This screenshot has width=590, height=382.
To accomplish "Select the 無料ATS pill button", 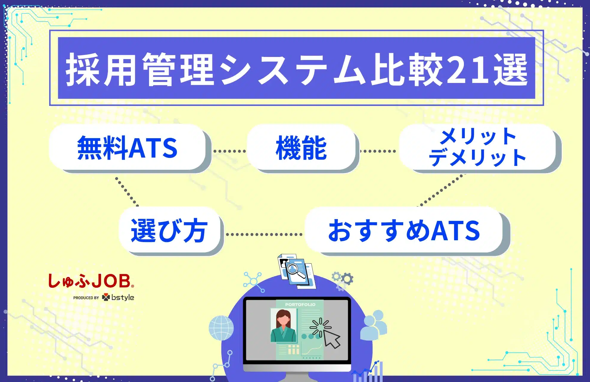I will pos(128,147).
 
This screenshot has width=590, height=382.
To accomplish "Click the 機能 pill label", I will pos(301,147).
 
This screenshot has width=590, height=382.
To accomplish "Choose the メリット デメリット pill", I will pos(477,147).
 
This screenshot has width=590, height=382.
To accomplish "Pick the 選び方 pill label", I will pos(169,230).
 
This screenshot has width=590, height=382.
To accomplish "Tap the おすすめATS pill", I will pos(404,230).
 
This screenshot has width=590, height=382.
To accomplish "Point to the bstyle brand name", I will pos(122,298).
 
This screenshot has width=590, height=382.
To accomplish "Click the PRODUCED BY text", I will pos(86,298).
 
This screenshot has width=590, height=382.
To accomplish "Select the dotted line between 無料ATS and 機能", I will pos(229,151).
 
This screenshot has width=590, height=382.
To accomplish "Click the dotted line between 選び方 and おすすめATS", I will pos(264,235).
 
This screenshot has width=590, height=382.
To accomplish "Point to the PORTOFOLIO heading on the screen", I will pos(300,304).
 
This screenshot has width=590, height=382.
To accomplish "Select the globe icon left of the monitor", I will pos(221,328).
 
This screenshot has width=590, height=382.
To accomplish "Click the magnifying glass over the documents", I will pos(296,270).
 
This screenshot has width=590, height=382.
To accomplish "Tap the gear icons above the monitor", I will pos(343,279).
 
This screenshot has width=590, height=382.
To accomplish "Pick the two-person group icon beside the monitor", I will pos(374,325).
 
